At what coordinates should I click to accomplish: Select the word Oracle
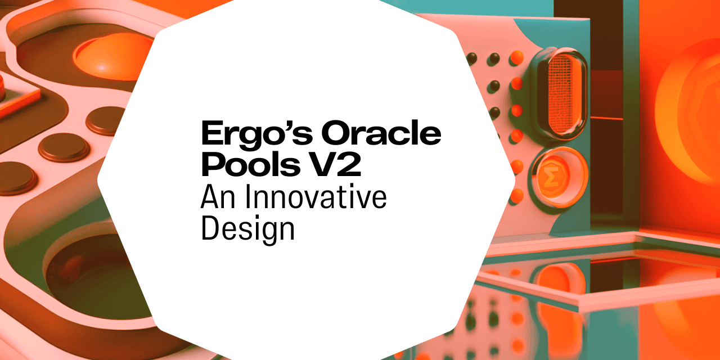[x=381, y=132]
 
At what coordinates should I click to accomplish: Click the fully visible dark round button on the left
[x=64, y=148]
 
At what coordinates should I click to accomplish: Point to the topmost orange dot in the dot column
[x=516, y=57]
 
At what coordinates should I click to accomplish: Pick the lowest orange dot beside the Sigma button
[x=516, y=196]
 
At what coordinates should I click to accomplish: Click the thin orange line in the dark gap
[x=606, y=118]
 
